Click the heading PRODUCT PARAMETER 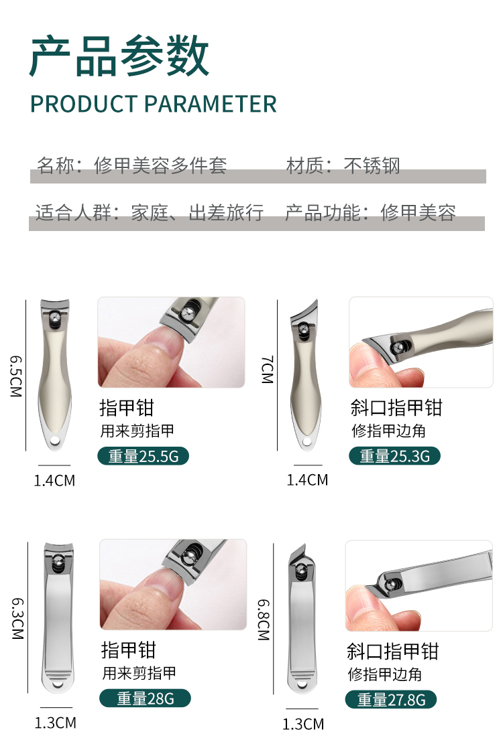coord(154,104)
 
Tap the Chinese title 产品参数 coord(119,56)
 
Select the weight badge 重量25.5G coord(143,456)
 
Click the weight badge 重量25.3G coord(394,456)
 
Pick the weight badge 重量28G coord(145,698)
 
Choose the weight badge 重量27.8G coord(390,699)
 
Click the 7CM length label coord(268,370)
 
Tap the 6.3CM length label coord(17,618)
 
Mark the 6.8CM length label coord(264,619)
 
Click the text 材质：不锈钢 coord(343,165)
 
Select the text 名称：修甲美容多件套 coord(131,165)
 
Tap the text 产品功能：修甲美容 coord(370,212)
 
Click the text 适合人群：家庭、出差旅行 coord(150,212)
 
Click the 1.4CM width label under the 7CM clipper coord(307,479)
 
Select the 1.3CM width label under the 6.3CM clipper coord(55,723)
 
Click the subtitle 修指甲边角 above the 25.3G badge coord(388,431)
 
